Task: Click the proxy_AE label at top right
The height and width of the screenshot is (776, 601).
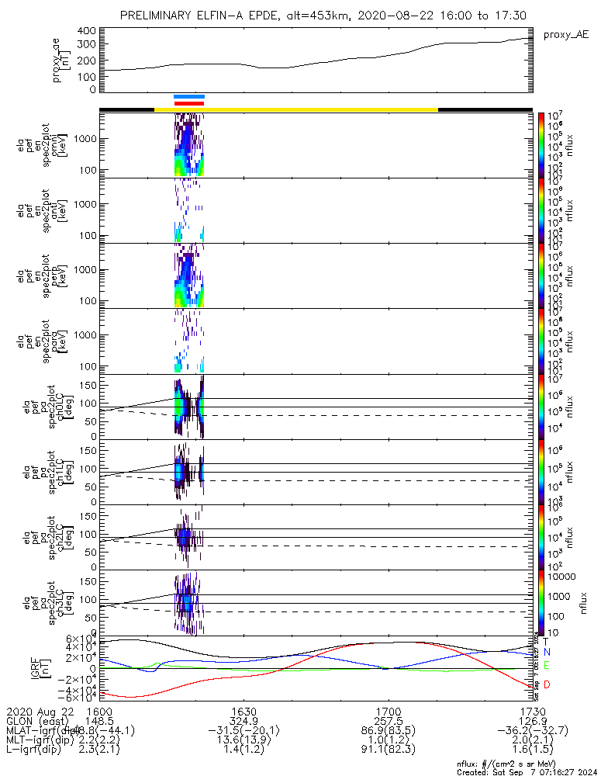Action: tap(566, 35)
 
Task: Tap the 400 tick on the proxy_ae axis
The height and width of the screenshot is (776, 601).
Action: tap(87, 31)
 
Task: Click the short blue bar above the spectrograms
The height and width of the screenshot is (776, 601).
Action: tap(189, 96)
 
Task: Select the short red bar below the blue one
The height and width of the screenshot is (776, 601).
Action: tap(189, 102)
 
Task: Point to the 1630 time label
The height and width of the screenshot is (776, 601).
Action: tap(244, 711)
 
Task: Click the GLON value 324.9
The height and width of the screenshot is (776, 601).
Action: tap(244, 721)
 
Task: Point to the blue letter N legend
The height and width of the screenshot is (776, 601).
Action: tap(546, 653)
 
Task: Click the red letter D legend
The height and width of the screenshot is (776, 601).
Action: tap(546, 684)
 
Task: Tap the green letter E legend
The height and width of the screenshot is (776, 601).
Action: tap(546, 666)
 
